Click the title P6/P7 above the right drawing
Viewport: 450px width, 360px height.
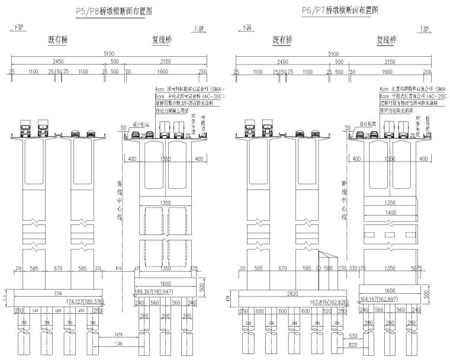click(339, 10)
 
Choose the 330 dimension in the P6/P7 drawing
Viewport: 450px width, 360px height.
click(353, 268)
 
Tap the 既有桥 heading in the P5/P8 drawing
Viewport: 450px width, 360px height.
click(58, 40)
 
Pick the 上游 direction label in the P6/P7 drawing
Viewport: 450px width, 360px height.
click(425, 28)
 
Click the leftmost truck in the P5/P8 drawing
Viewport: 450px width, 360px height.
click(25, 128)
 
